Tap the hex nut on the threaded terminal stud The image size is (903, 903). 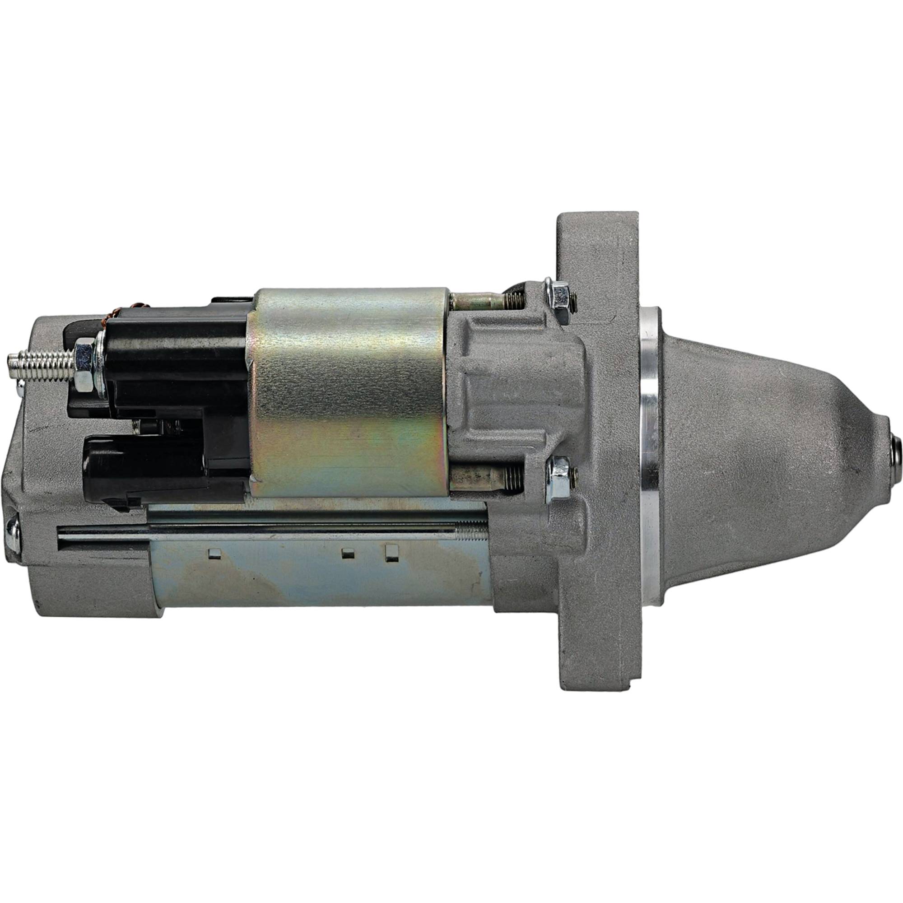tap(84, 359)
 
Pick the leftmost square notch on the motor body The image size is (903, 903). tap(214, 554)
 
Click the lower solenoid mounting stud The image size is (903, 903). tap(486, 479)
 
